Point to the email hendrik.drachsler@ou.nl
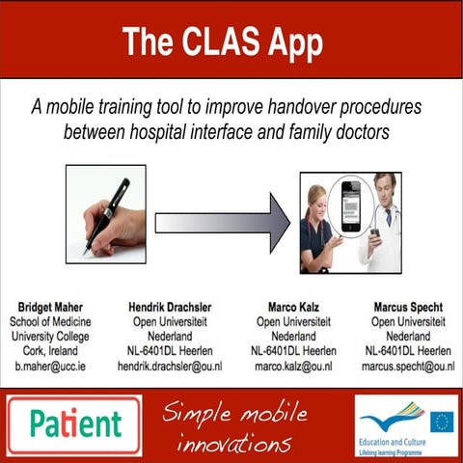170,367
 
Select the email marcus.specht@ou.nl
408,367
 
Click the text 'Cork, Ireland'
48,351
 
